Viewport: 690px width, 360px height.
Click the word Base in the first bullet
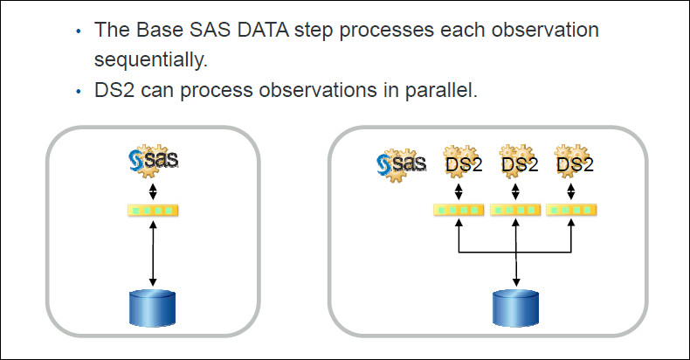click(155, 30)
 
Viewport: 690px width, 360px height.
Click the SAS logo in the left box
click(153, 160)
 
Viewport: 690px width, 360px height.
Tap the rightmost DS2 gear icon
click(572, 162)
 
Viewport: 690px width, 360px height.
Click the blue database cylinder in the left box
click(153, 307)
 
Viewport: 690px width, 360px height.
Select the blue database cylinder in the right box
click(517, 307)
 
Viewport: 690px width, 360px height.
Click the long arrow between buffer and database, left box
click(153, 253)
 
